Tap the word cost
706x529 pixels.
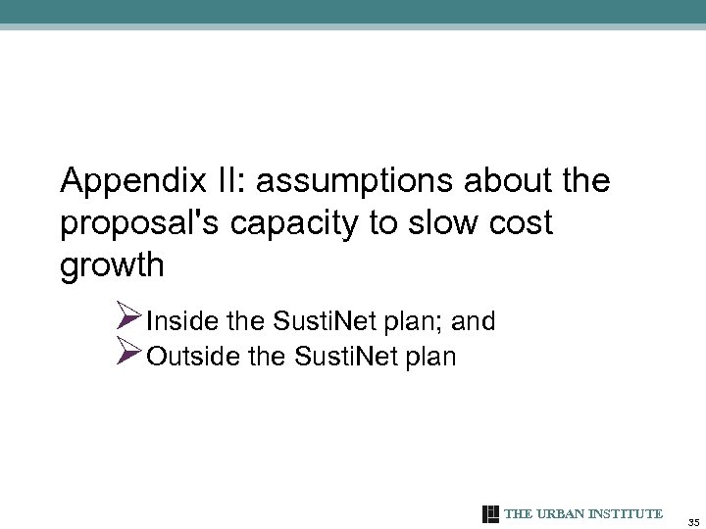(x=522, y=222)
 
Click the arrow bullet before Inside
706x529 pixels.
(x=128, y=318)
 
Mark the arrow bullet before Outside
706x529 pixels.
(x=128, y=353)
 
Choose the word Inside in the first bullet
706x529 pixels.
(x=179, y=321)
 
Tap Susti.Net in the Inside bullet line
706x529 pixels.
(x=321, y=321)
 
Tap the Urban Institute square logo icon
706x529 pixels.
(x=491, y=514)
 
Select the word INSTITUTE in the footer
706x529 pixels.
(x=628, y=514)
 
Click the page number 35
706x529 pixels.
(x=693, y=520)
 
